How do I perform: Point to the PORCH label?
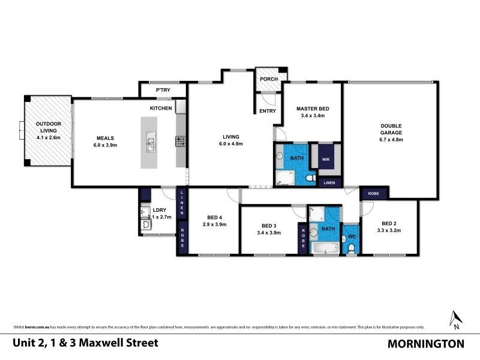click(x=267, y=79)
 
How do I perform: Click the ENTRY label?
click(x=267, y=111)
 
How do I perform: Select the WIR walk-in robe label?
click(x=325, y=160)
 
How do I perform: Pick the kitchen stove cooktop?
click(x=180, y=142)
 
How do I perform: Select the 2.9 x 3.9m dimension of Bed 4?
click(x=214, y=224)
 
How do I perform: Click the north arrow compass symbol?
click(x=455, y=319)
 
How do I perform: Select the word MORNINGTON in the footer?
click(x=425, y=344)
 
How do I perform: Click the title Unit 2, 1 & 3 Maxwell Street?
click(x=85, y=343)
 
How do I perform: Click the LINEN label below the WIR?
click(x=329, y=182)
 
